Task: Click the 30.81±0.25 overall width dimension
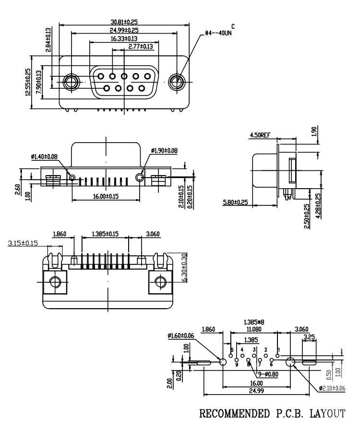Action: pos(124,22)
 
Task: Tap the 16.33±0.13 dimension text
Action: pos(124,38)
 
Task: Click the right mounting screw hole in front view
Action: pos(177,81)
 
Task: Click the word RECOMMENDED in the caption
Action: pos(228,414)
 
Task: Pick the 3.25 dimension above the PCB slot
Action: pos(310,337)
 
